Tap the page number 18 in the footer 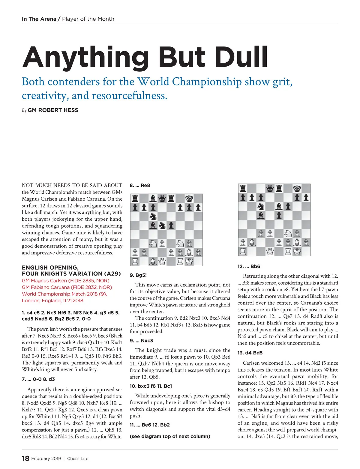pyautogui.click(x=25, y=458)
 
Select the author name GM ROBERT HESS pyautogui.click(x=53, y=110)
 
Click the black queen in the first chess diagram pyautogui.click(x=162, y=198)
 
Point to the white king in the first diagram pyautogui.click(x=189, y=261)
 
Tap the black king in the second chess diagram pyautogui.click(x=297, y=188)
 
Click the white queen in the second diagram pyautogui.click(x=270, y=251)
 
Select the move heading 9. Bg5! pyautogui.click(x=138, y=275)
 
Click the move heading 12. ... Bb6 pyautogui.click(x=249, y=266)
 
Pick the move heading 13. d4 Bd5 pyautogui.click(x=250, y=353)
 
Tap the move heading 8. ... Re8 pyautogui.click(x=140, y=185)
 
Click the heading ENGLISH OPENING pyautogui.click(x=50, y=267)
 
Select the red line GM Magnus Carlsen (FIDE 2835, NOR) pyautogui.click(x=65, y=281)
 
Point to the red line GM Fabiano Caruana pyautogui.click(x=67, y=287)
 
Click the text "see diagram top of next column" pyautogui.click(x=170, y=436)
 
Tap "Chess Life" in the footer pyautogui.click(x=78, y=459)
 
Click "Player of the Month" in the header pyautogui.click(x=88, y=19)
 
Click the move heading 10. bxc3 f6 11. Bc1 pyautogui.click(x=151, y=386)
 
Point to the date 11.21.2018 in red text pyautogui.click(x=73, y=300)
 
